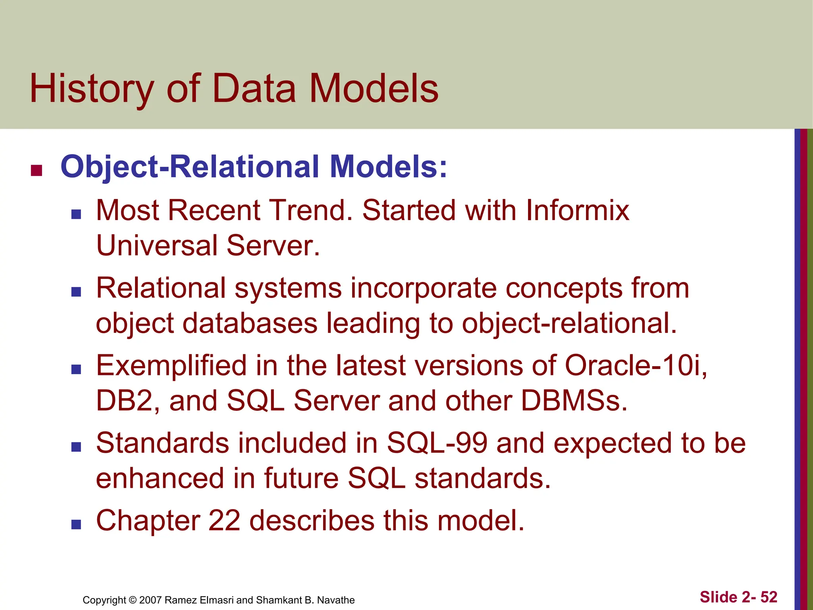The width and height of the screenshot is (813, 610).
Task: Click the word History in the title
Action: coord(92,89)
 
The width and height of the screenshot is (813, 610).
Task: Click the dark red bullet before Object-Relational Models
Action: coord(37,170)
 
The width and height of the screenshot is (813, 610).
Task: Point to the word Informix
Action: coord(578,210)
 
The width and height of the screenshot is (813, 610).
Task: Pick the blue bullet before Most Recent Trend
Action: coord(76,215)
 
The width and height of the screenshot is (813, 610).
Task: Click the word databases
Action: coord(250,323)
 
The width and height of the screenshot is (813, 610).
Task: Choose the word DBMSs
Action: coord(574,401)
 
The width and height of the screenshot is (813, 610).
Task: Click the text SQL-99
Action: coord(437,443)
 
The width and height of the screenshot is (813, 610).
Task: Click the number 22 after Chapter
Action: coord(224,521)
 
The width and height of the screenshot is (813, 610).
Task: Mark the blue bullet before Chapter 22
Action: coord(76,525)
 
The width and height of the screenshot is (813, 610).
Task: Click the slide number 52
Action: coord(769,597)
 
